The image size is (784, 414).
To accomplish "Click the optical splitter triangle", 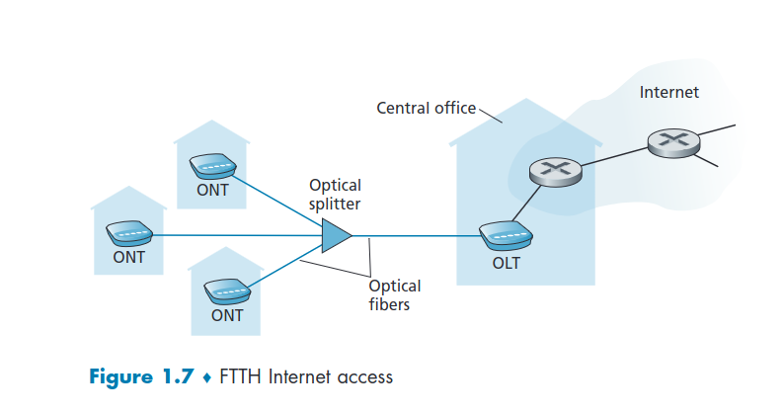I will pos(337,236).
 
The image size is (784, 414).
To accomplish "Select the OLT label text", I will pos(506,264).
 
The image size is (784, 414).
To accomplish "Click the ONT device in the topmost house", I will pos(212,164).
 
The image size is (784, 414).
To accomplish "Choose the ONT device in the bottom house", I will pos(226,291).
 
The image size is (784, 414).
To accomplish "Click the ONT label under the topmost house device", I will pos(212,191).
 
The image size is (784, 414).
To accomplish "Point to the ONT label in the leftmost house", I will pos(128,257).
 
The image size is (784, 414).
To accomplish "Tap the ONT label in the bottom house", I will pos(227,316).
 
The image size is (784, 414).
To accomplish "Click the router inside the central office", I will pos(554,172).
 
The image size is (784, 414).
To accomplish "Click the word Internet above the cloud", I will pos(668,92).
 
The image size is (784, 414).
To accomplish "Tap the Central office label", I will pos(426,107).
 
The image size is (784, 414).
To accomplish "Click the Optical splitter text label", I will pos(335,195).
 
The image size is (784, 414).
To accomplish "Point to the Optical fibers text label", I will pos(394,295).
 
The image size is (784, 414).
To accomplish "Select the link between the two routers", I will pos(614,157).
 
